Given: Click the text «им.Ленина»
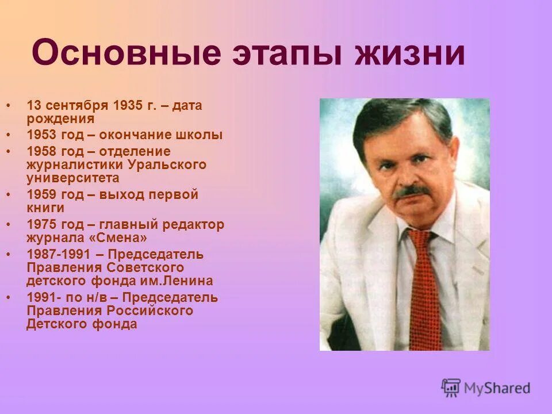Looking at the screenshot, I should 183,281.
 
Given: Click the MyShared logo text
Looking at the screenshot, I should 498,388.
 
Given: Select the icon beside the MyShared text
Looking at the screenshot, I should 451,388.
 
